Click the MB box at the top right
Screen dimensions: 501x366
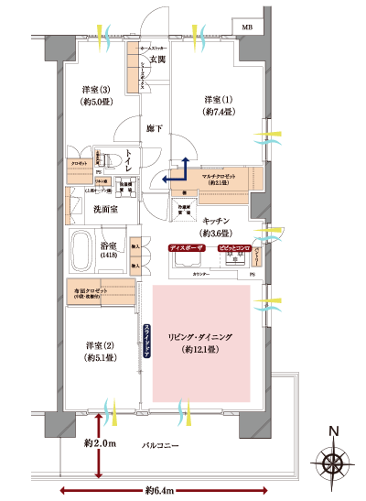coord(247,27)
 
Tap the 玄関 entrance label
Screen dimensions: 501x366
coord(156,60)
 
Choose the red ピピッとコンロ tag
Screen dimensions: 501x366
coord(233,248)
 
